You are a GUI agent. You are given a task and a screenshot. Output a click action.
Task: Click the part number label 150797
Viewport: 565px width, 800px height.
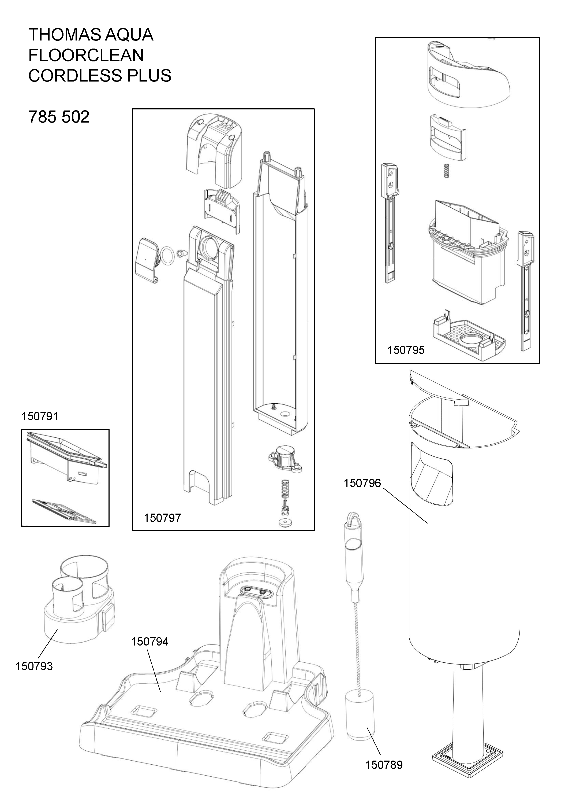coord(163,518)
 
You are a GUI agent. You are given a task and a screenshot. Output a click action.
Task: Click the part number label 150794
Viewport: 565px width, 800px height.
coord(150,642)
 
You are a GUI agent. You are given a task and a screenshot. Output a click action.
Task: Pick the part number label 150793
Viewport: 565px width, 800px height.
coord(34,666)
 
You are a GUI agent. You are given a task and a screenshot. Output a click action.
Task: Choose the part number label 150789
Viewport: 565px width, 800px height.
coord(384,765)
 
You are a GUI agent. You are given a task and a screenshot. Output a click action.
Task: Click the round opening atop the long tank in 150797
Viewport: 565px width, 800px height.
coord(208,248)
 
